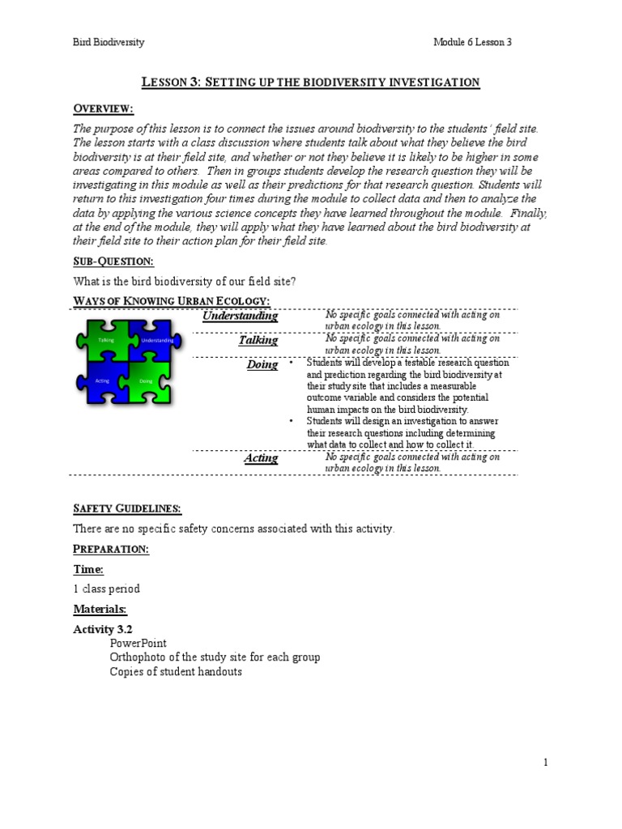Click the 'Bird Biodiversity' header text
click(109, 42)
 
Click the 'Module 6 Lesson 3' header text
click(472, 42)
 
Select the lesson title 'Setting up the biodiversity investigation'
click(311, 82)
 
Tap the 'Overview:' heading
click(104, 109)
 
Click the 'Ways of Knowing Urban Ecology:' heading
click(171, 302)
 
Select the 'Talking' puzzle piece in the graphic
click(105, 341)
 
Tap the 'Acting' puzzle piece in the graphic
click(103, 380)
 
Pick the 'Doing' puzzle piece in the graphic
click(147, 380)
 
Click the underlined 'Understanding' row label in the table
click(240, 316)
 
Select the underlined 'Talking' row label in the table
click(258, 340)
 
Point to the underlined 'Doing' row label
click(262, 365)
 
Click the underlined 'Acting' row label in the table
click(261, 458)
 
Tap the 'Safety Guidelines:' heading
click(127, 508)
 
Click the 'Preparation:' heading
click(111, 549)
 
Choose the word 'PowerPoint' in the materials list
click(138, 643)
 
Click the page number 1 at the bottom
click(546, 762)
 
